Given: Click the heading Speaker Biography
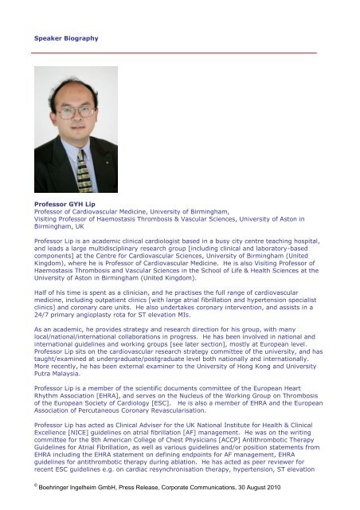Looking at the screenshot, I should (66, 37).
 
